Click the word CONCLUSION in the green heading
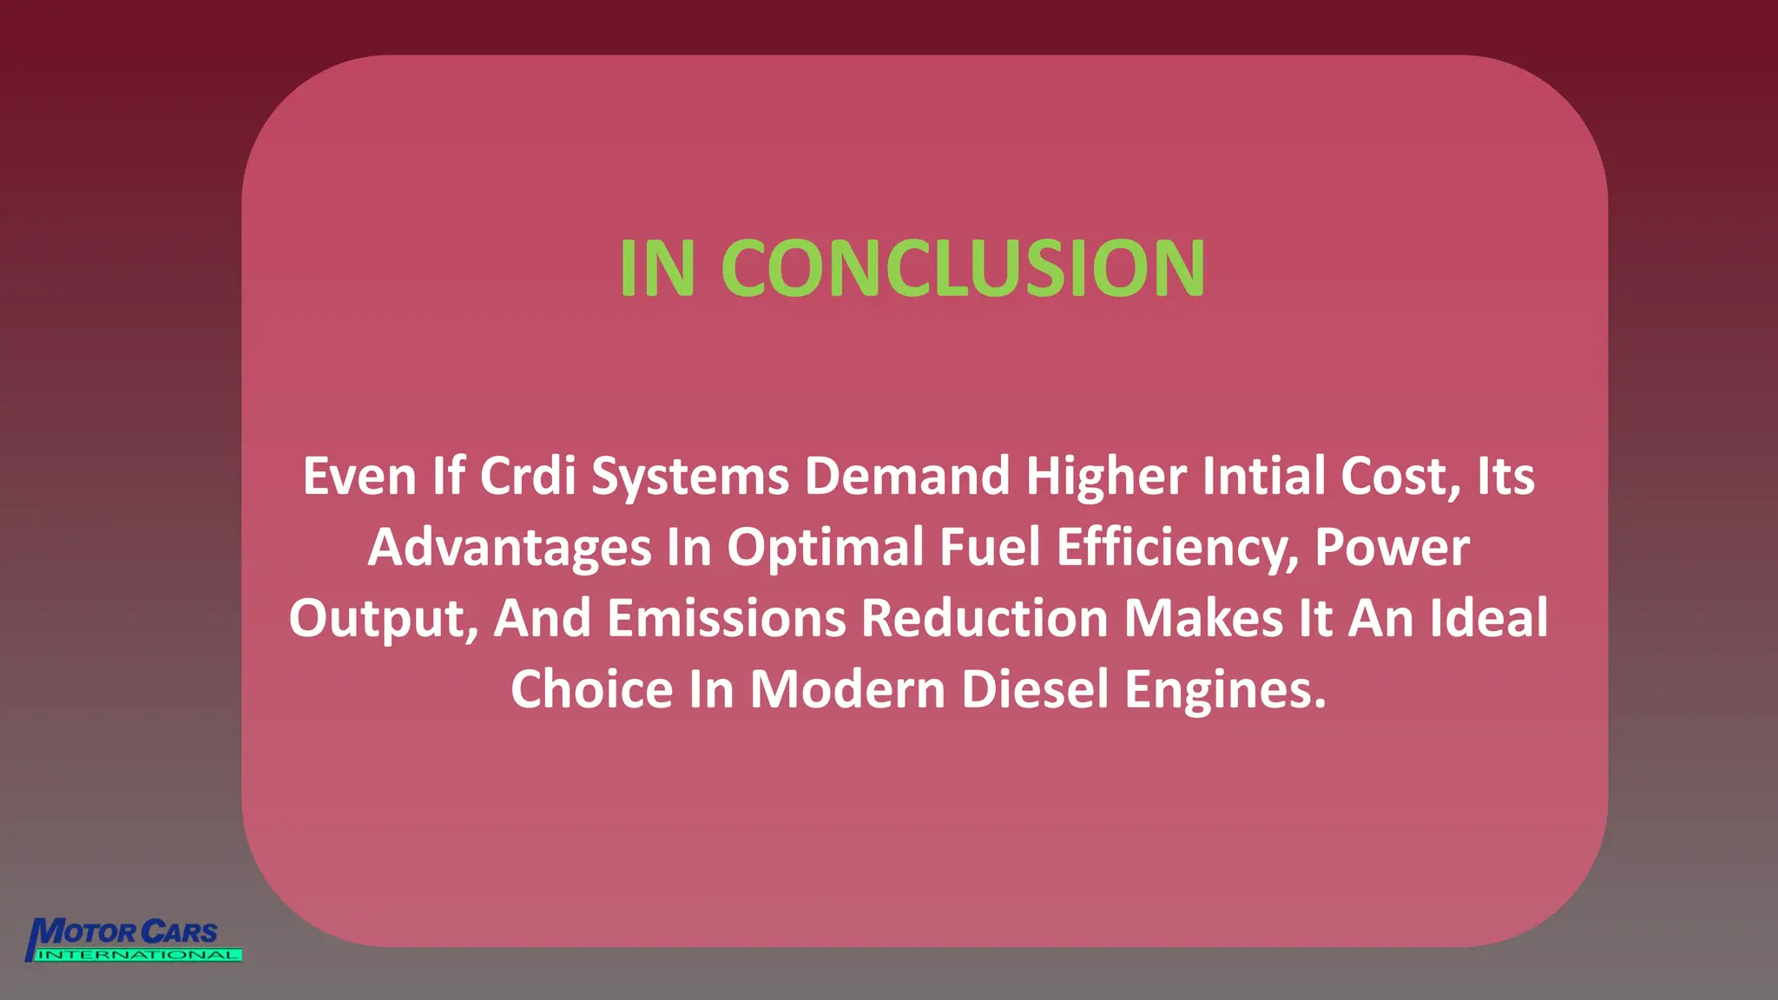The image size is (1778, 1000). click(x=963, y=268)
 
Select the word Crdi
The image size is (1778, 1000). click(x=528, y=477)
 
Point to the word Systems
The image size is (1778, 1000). click(x=690, y=477)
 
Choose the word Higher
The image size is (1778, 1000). click(x=1106, y=477)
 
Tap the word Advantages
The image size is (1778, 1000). click(x=510, y=548)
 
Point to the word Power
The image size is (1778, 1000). click(x=1392, y=548)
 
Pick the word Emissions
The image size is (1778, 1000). click(x=727, y=619)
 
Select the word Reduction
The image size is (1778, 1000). click(x=984, y=619)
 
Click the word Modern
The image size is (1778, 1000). click(x=847, y=690)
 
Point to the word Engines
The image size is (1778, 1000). click(x=1226, y=690)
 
